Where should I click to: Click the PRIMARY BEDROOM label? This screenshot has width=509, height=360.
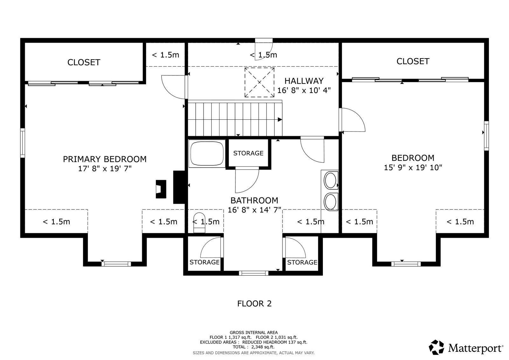pyautogui.click(x=105, y=159)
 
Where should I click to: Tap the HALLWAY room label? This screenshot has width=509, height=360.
pyautogui.click(x=304, y=81)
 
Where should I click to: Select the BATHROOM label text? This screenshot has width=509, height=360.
pyautogui.click(x=254, y=200)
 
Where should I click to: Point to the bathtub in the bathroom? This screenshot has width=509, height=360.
pyautogui.click(x=206, y=153)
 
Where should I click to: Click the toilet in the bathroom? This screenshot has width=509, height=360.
pyautogui.click(x=199, y=222)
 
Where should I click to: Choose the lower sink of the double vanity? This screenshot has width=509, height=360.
pyautogui.click(x=331, y=202)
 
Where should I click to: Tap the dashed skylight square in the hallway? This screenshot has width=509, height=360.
pyautogui.click(x=259, y=82)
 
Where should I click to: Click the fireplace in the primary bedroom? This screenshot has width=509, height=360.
pyautogui.click(x=161, y=189)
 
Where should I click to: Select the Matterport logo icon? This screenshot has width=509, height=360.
pyautogui.click(x=436, y=347)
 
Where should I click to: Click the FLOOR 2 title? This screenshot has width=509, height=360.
pyautogui.click(x=254, y=304)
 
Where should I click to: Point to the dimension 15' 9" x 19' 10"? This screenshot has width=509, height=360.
pyautogui.click(x=413, y=168)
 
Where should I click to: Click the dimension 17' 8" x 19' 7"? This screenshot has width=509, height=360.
pyautogui.click(x=105, y=169)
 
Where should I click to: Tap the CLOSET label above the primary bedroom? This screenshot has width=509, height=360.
pyautogui.click(x=84, y=62)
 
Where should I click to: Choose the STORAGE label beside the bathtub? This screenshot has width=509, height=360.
pyautogui.click(x=248, y=153)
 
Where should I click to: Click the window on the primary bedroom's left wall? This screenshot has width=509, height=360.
pyautogui.click(x=23, y=143)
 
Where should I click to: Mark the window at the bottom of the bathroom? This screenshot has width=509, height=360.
pyautogui.click(x=254, y=273)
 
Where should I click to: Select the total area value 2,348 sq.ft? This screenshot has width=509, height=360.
pyautogui.click(x=263, y=347)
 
